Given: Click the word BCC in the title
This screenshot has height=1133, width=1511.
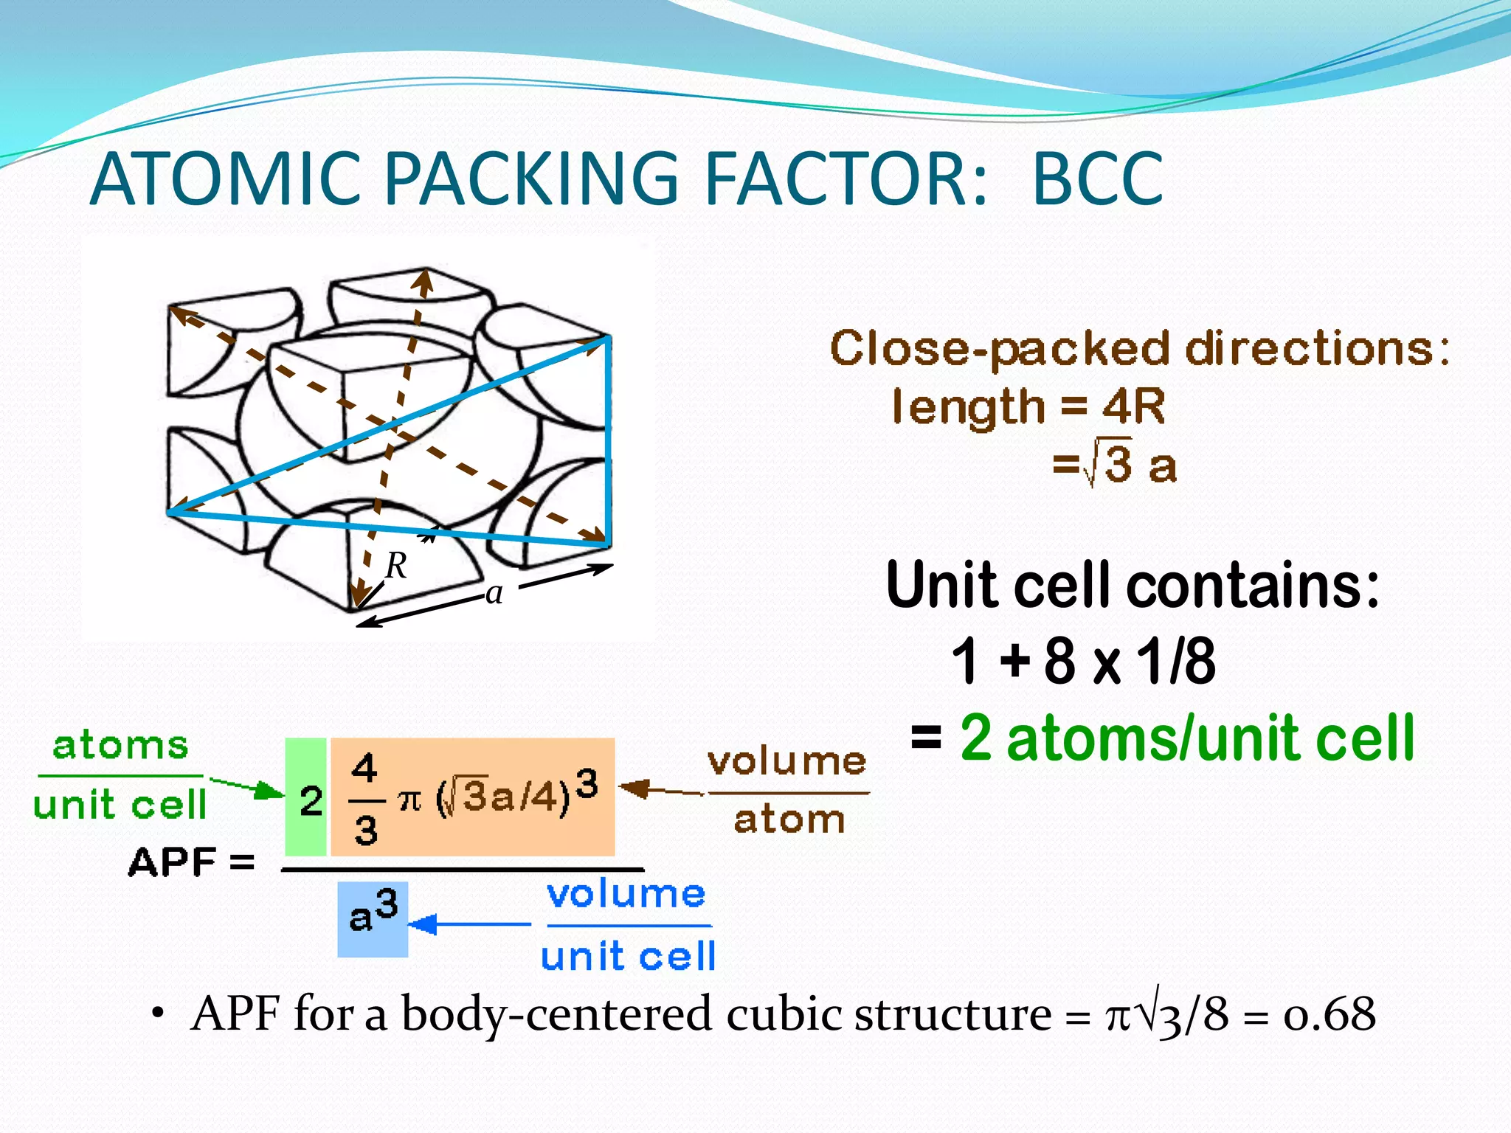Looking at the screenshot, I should [x=1097, y=179].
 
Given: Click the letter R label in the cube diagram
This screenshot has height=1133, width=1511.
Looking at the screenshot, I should [x=396, y=566].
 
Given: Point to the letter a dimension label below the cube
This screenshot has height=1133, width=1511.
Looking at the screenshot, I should [x=494, y=592].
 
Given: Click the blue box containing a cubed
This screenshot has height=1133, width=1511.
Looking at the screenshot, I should [x=373, y=919].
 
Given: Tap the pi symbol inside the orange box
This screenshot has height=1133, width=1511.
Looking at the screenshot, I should [x=409, y=800].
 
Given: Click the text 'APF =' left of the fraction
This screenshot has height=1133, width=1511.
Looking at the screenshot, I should [x=191, y=861].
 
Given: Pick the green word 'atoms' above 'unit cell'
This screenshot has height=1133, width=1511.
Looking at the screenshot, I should [x=120, y=746].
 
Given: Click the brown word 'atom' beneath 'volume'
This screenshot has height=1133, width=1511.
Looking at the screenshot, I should [x=789, y=820].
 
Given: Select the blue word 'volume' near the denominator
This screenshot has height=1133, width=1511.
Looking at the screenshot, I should [x=626, y=894].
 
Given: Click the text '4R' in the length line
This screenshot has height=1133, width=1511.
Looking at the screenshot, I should [x=1133, y=406].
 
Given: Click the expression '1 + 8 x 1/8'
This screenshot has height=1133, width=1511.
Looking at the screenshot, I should [x=1082, y=660].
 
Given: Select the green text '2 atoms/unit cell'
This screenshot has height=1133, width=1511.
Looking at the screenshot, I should [x=1186, y=738].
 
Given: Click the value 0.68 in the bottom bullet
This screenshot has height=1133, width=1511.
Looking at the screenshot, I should [x=1329, y=1014].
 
